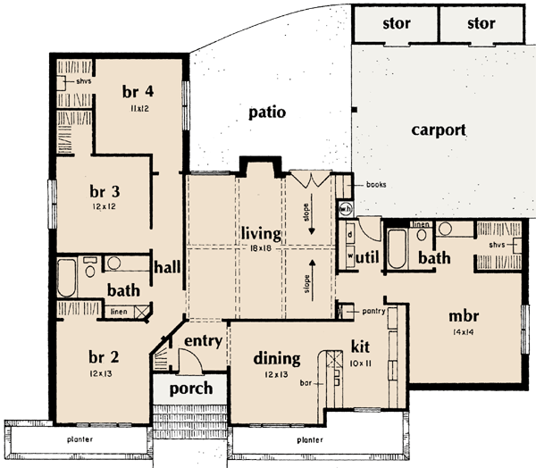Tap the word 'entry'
point(203,342)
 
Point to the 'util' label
point(369,258)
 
